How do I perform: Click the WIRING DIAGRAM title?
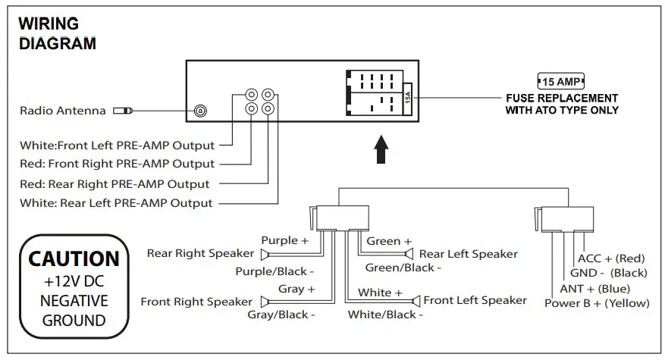click(x=58, y=33)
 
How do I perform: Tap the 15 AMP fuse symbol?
click(x=560, y=81)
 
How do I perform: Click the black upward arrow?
click(x=381, y=149)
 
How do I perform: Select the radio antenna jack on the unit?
click(x=201, y=111)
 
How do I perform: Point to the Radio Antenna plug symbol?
click(x=123, y=111)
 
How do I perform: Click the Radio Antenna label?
click(x=63, y=111)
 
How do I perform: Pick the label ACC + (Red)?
click(x=611, y=258)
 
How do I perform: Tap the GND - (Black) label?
click(x=609, y=273)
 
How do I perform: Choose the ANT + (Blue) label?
click(x=594, y=288)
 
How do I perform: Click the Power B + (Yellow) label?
click(x=597, y=303)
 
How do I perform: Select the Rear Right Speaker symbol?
click(x=265, y=255)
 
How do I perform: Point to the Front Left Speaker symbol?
click(x=416, y=301)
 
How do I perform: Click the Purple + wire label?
click(x=284, y=240)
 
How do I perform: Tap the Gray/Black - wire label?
click(x=281, y=315)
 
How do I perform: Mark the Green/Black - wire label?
click(x=403, y=268)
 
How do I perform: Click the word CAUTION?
click(x=74, y=258)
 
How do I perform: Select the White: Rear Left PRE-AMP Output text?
click(x=116, y=203)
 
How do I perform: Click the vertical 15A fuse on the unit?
click(x=407, y=99)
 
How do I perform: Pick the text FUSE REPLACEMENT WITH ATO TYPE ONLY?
click(x=562, y=104)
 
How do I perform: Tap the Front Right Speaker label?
click(x=196, y=302)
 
